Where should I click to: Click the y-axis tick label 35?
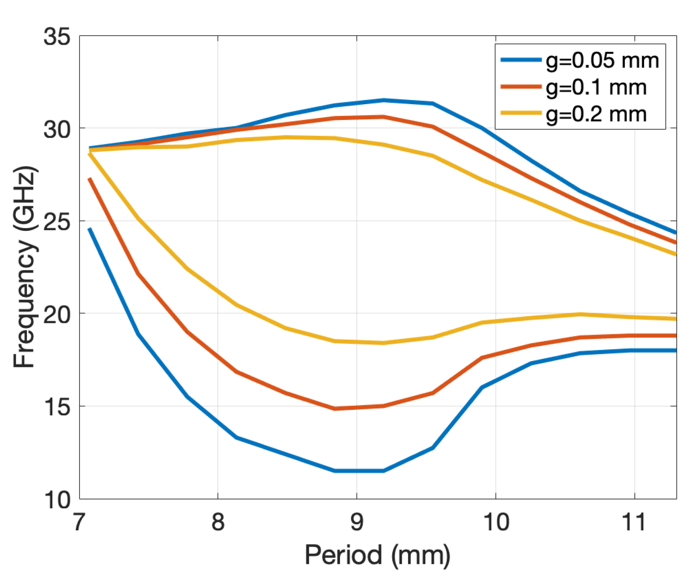[57, 37]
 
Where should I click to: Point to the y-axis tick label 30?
[57, 129]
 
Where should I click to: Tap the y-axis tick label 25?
[57, 222]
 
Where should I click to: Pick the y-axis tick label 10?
[57, 499]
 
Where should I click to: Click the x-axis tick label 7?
[79, 522]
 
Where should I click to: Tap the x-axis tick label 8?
[218, 522]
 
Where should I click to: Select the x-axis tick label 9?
[357, 522]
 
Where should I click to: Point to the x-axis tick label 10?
[496, 522]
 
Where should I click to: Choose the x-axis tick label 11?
[634, 522]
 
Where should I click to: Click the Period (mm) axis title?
[377, 555]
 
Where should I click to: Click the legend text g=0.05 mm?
[602, 61]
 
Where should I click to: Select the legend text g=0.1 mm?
[596, 88]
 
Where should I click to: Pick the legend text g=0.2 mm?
[596, 114]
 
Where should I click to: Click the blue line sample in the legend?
[521, 60]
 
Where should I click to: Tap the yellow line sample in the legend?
[521, 113]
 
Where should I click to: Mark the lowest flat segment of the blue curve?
[359, 471]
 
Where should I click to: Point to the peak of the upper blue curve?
[384, 100]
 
